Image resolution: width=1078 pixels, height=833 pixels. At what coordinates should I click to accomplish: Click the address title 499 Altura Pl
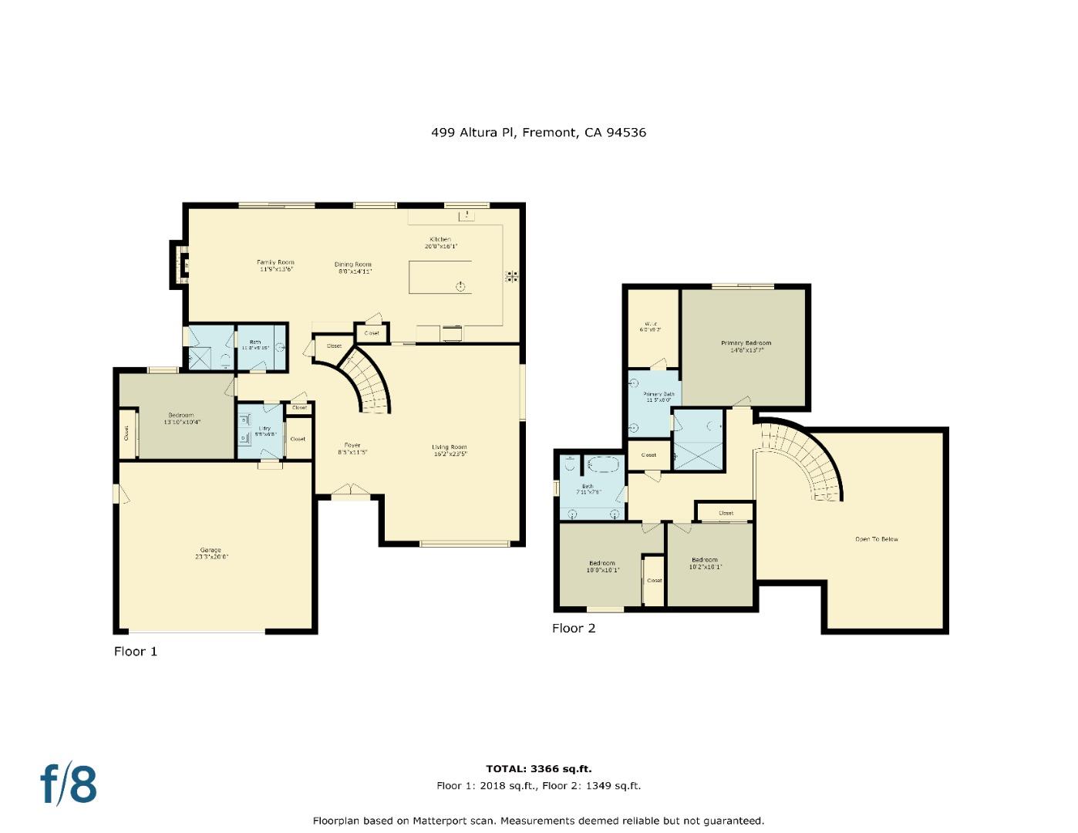coord(538,133)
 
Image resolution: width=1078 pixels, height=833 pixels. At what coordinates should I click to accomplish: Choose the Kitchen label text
coord(440,241)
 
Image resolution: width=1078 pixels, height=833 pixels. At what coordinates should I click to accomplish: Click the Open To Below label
coord(877,539)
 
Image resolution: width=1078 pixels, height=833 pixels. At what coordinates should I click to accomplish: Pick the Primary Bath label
coord(659,396)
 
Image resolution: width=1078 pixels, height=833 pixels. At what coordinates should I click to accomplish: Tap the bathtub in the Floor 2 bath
coord(605,466)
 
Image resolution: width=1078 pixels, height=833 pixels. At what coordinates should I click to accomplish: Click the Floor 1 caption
coord(136,652)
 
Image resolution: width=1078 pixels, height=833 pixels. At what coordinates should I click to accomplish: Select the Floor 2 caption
coord(574,629)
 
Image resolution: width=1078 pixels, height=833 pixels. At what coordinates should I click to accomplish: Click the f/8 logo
coord(69,784)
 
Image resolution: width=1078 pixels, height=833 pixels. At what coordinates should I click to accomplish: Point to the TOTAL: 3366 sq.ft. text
coord(538,769)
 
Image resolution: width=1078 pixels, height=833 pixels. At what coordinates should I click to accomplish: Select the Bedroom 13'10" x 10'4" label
coord(182,418)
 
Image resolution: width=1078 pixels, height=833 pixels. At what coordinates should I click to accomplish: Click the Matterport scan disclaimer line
coord(538,821)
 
